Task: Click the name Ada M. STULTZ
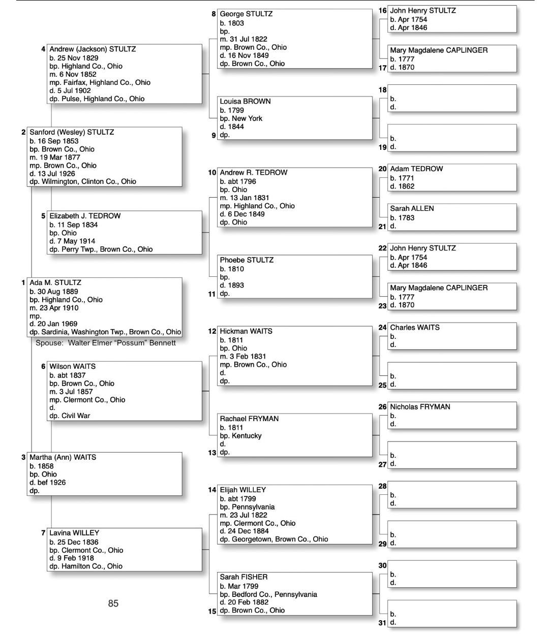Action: (x=55, y=282)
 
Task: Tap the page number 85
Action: (x=113, y=603)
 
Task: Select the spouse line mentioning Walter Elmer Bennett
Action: (x=106, y=343)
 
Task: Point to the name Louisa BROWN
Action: (x=245, y=102)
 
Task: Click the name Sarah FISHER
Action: (x=243, y=577)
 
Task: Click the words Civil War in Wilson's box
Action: (x=76, y=416)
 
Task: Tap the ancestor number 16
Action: (x=382, y=10)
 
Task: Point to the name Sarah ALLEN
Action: (x=412, y=208)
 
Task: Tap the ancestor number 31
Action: (x=382, y=622)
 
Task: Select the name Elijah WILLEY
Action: (x=242, y=490)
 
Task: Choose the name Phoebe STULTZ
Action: (x=247, y=260)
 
